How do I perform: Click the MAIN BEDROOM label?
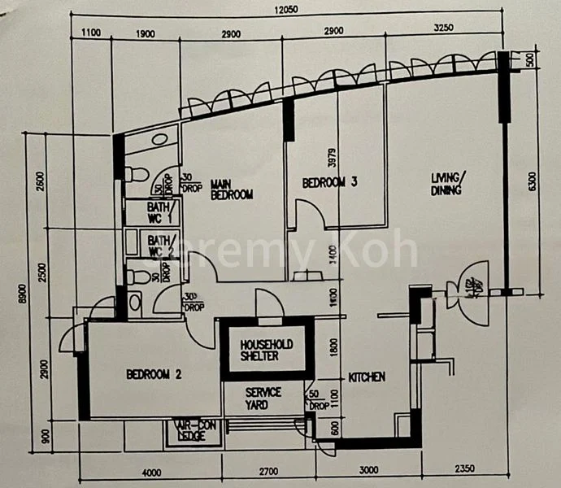click(232, 190)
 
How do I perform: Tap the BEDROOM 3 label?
click(330, 184)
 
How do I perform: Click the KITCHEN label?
click(367, 377)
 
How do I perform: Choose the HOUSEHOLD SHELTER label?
click(266, 351)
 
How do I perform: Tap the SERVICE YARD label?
click(263, 398)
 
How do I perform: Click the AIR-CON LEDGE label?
click(189, 430)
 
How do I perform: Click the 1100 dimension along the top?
click(91, 34)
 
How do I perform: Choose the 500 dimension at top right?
click(528, 59)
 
